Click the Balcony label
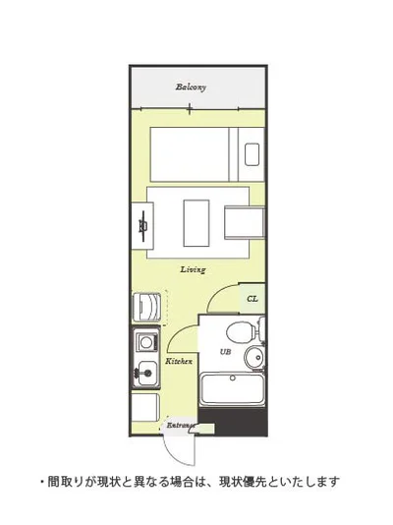click(x=191, y=87)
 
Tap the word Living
click(x=193, y=269)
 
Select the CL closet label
click(x=253, y=298)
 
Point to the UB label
click(x=225, y=352)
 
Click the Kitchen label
click(x=179, y=362)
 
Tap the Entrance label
click(x=181, y=426)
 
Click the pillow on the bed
click(x=252, y=154)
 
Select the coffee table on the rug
click(x=196, y=223)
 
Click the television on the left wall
click(x=143, y=226)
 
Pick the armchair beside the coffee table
click(x=245, y=222)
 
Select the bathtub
click(x=233, y=390)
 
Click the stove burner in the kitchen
click(x=145, y=342)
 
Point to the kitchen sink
click(x=146, y=374)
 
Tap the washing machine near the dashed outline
click(x=146, y=308)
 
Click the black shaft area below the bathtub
click(x=233, y=422)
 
